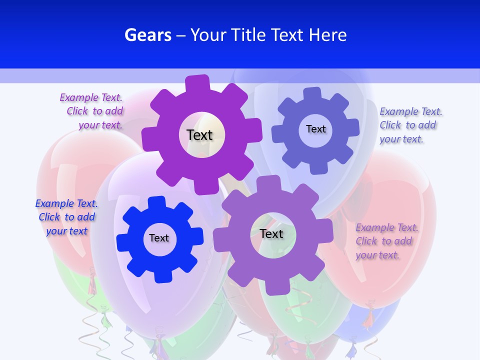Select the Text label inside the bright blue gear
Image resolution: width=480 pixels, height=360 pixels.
[159, 238]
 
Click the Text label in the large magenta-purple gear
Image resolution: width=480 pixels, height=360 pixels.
[200, 135]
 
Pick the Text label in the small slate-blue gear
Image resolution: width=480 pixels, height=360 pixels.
[316, 129]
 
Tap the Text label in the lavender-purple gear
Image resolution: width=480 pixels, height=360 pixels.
[271, 234]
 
